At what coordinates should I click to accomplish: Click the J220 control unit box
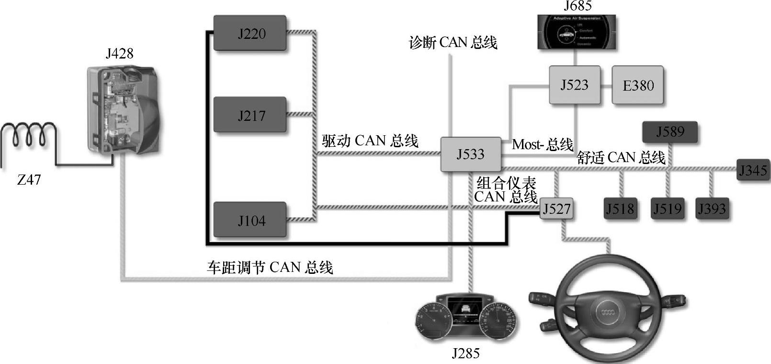(249, 33)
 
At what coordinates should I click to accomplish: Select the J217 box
(249, 115)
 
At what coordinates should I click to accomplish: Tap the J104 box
(249, 220)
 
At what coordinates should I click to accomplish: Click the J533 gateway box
(470, 154)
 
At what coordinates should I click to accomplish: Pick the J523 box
(574, 85)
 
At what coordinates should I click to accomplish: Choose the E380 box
(637, 85)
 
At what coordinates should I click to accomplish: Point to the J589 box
(669, 132)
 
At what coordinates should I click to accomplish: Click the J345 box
(753, 170)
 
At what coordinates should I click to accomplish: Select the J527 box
(556, 209)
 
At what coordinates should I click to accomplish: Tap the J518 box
(620, 209)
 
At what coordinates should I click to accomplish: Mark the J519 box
(667, 209)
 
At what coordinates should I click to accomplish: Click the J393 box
(712, 209)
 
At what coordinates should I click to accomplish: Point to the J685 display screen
(577, 32)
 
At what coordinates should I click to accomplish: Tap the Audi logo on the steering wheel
(607, 313)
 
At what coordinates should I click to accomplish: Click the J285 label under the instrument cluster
(465, 354)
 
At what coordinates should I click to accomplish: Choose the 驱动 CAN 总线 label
(370, 141)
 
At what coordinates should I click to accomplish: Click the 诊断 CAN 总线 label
(453, 43)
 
